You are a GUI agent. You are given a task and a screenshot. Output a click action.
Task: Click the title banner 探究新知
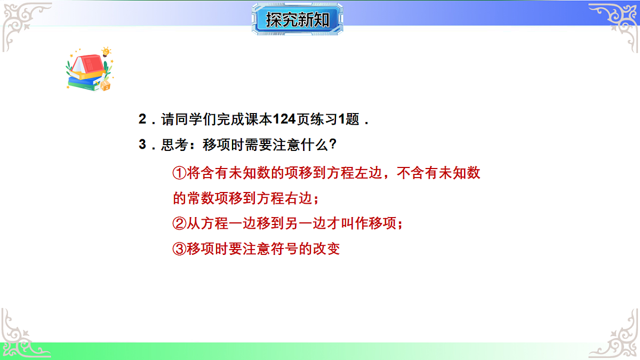[297, 20]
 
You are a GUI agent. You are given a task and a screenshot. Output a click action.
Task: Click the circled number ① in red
[179, 173]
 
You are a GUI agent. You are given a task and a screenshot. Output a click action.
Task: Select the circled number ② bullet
[180, 223]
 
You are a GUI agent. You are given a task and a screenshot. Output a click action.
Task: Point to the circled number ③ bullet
[180, 249]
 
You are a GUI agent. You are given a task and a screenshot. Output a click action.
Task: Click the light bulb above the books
[106, 52]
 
